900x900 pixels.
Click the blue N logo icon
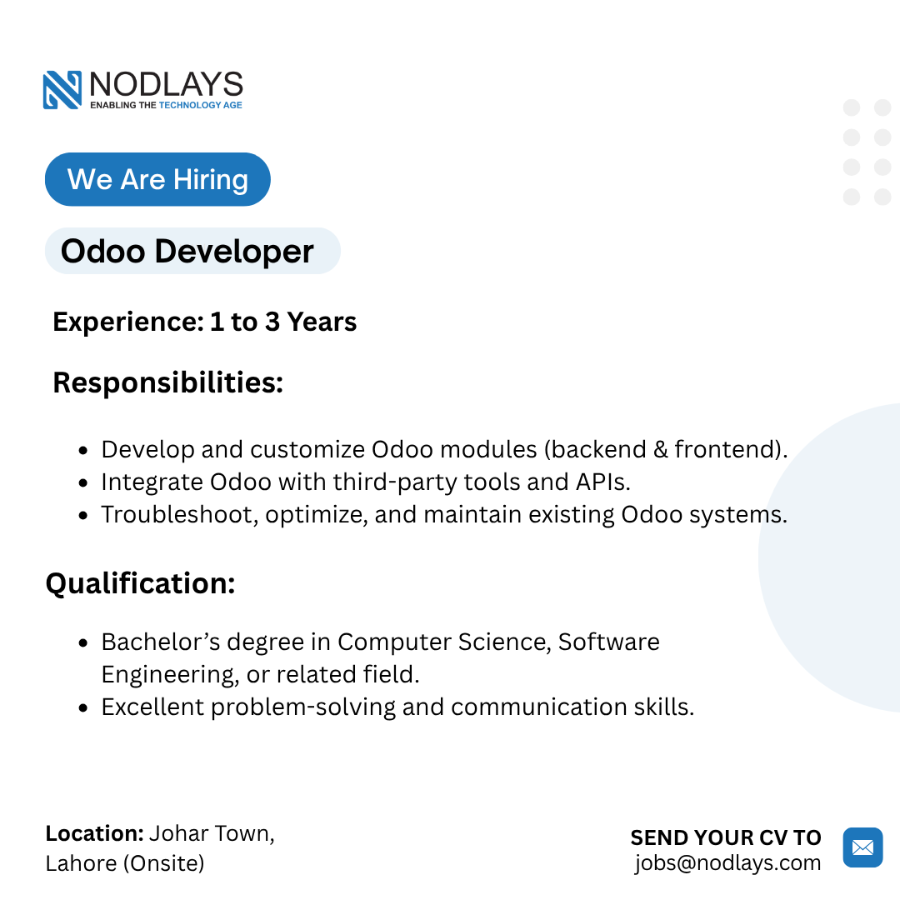pos(62,89)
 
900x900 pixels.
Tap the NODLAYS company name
pos(167,84)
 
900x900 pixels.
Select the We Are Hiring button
pos(157,179)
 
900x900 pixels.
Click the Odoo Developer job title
pos(187,251)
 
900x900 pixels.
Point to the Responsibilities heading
pos(168,382)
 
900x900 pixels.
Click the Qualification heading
pos(141,583)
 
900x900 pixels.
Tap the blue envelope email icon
pos(862,847)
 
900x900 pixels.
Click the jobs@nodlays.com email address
pos(727,862)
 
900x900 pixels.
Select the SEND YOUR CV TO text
pos(726,837)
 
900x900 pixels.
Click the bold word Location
pos(95,833)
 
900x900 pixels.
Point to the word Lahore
pos(82,863)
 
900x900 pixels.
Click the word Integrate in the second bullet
pos(152,482)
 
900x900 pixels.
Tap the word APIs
pos(602,482)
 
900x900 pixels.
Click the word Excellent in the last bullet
pos(152,707)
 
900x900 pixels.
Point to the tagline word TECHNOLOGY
pos(190,105)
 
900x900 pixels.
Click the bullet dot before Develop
pos(83,450)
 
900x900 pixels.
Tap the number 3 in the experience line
pos(272,322)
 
